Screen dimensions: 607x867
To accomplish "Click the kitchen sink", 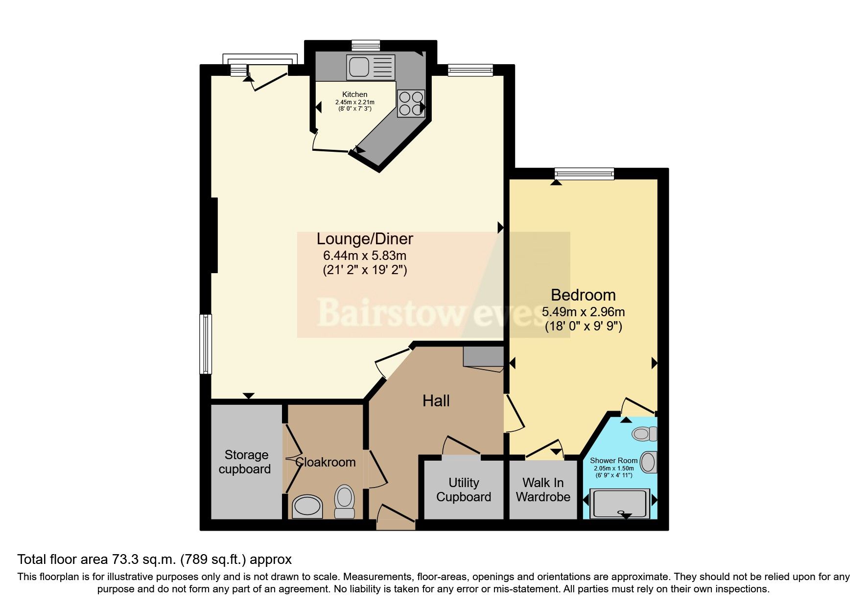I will click(370, 67).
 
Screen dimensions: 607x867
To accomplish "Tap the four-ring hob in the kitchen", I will click(411, 103).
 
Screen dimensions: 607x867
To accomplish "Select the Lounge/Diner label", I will click(365, 239).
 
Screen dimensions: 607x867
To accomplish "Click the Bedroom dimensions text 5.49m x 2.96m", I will click(583, 312).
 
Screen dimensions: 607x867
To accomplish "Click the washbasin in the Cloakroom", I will click(307, 506).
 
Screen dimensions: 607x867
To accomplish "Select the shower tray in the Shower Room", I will click(620, 503).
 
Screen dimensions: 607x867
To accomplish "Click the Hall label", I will click(436, 401).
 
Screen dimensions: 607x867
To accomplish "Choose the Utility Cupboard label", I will click(463, 490).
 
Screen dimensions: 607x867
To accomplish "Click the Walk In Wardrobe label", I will click(543, 490).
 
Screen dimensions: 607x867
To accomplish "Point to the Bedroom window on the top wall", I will click(584, 173).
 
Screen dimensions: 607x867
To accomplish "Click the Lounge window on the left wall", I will click(206, 344).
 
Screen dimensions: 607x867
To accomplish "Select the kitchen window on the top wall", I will click(366, 45).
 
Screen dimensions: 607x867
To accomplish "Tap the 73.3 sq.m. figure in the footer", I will click(143, 560).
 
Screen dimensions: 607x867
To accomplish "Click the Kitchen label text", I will click(354, 94).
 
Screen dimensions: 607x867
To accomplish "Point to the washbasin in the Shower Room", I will click(648, 462).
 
